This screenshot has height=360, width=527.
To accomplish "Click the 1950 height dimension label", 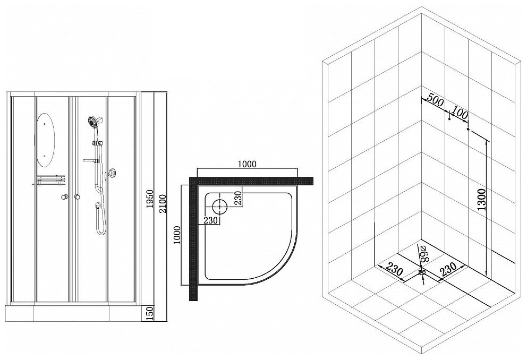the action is click(x=150, y=200).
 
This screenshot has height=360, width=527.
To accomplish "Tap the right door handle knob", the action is click(x=78, y=198).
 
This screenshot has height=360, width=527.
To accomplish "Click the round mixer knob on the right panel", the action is click(x=111, y=172).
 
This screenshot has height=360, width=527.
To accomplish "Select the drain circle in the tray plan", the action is click(x=219, y=204).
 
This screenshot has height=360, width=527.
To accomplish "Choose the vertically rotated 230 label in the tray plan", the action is click(x=237, y=198).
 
